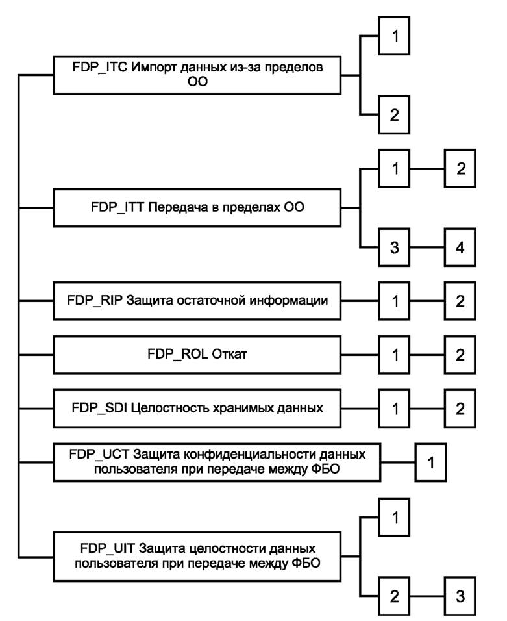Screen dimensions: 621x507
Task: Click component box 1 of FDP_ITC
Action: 394,36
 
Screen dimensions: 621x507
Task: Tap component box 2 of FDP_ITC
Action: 394,115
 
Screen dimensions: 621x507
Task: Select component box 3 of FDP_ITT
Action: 394,248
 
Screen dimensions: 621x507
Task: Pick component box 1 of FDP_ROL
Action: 394,357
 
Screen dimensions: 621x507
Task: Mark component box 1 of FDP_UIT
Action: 394,517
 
